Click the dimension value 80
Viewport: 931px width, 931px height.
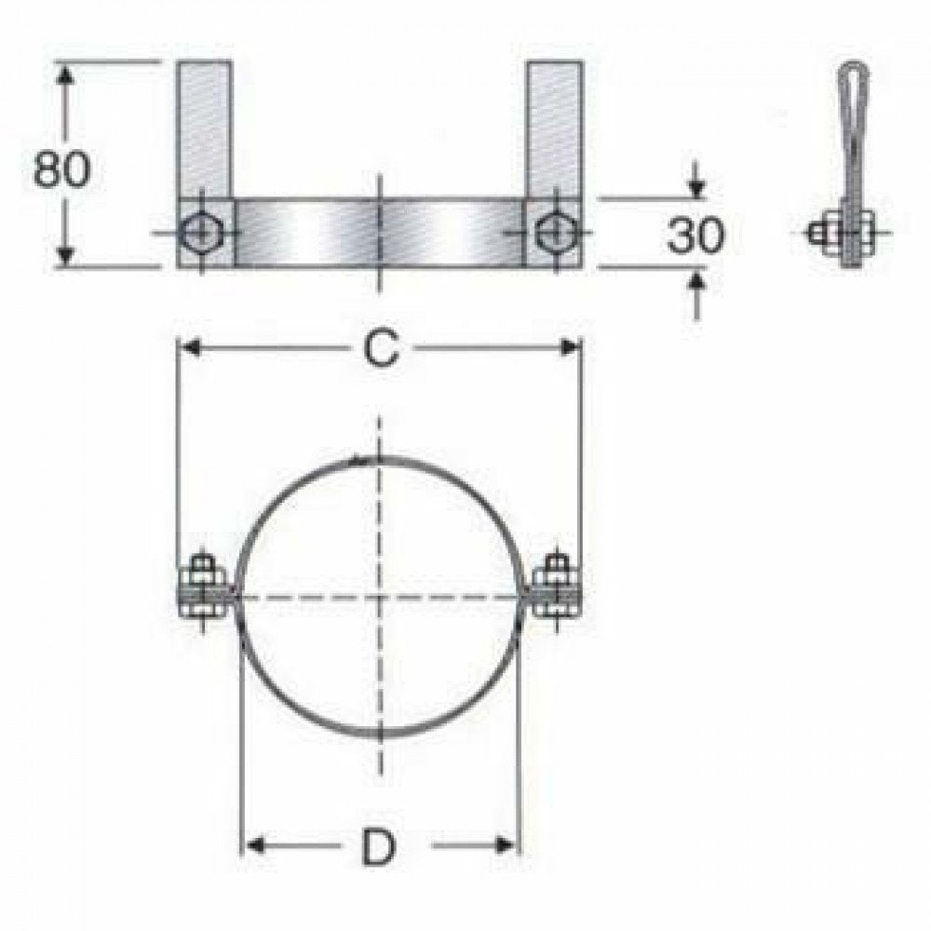point(61,169)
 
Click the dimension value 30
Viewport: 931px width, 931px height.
point(695,236)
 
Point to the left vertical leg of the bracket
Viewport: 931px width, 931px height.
point(204,130)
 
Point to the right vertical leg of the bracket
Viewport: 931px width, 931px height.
point(555,130)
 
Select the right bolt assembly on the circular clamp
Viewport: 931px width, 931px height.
point(557,588)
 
